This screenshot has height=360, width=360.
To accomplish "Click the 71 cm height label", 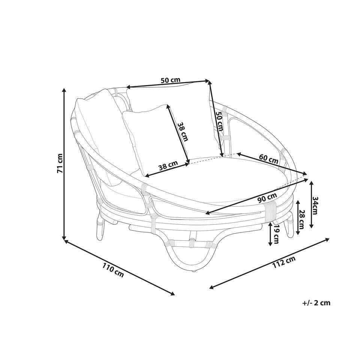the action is point(60,163).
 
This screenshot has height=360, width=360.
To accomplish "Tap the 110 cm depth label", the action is point(113,270).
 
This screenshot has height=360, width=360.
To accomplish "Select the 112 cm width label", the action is point(284,262).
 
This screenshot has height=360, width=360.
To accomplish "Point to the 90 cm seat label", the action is point(267,198).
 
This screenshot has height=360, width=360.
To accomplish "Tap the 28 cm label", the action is point(301,219).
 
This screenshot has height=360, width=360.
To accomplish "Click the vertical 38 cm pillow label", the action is point(183,131).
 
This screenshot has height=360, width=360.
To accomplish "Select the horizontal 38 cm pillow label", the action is point(168,165).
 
